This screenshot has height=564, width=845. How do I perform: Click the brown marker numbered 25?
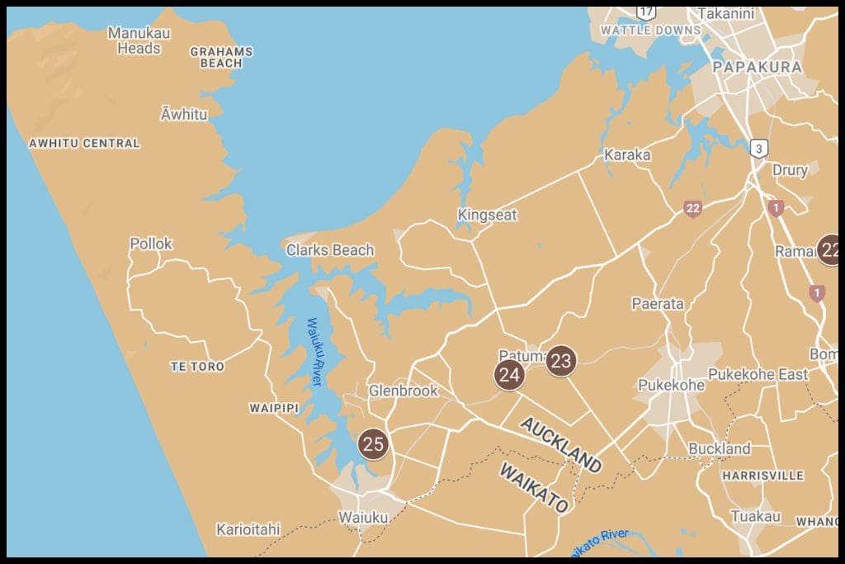point(373,444)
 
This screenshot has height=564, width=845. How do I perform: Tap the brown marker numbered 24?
point(509,375)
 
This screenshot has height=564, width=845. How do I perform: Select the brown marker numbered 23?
point(560,361)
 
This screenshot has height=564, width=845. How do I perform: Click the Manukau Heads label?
point(139,40)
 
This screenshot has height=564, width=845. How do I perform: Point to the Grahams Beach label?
point(221,57)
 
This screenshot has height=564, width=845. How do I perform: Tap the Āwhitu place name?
point(184,114)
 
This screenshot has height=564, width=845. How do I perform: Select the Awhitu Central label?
point(84,143)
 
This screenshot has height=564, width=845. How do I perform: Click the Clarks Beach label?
point(330,249)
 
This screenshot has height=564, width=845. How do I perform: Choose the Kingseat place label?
point(487,215)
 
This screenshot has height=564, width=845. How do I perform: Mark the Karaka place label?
point(627,154)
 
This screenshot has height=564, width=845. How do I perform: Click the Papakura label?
point(757,67)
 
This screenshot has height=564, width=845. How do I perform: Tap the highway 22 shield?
point(692,208)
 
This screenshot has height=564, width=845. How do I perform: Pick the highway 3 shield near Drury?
point(759,149)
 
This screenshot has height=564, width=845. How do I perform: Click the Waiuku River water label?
point(314,352)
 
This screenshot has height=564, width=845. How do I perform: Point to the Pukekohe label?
point(672,385)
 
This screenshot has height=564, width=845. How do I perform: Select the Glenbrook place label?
point(403,391)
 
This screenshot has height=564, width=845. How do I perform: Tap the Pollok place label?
point(151,244)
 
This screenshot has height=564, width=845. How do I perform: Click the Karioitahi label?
point(248,528)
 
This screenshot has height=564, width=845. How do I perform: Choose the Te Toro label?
point(197,366)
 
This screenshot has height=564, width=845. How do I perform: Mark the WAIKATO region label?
point(534,487)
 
